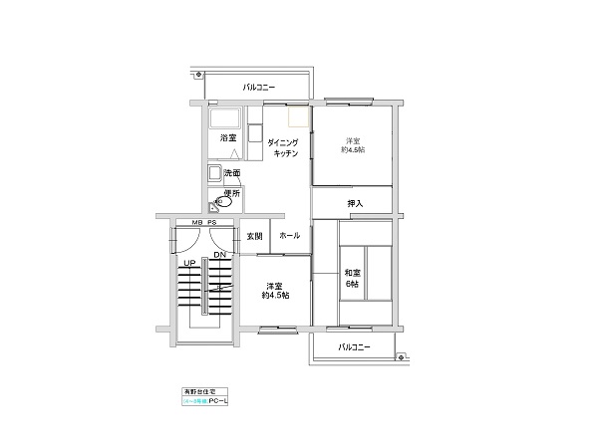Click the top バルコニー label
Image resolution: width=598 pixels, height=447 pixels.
(258, 88)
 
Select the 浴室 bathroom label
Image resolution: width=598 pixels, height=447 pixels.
(228, 138)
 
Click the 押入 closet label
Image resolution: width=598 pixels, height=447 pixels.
(355, 204)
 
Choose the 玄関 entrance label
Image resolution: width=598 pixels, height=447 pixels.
(254, 237)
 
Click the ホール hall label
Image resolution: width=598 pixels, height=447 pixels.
(289, 237)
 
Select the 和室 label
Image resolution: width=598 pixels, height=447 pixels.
(352, 273)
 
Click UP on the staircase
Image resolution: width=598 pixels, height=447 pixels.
(187, 263)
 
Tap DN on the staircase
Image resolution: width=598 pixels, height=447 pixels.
(218, 255)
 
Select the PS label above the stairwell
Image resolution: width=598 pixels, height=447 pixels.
(212, 224)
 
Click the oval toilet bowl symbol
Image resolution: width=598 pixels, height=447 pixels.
(225, 202)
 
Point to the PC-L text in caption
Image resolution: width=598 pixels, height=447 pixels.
(232, 402)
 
